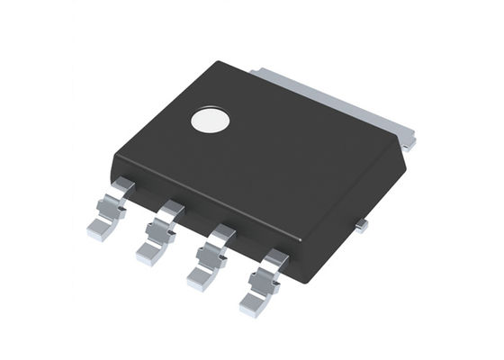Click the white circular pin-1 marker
click(x=211, y=122)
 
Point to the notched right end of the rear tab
click(x=409, y=139)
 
